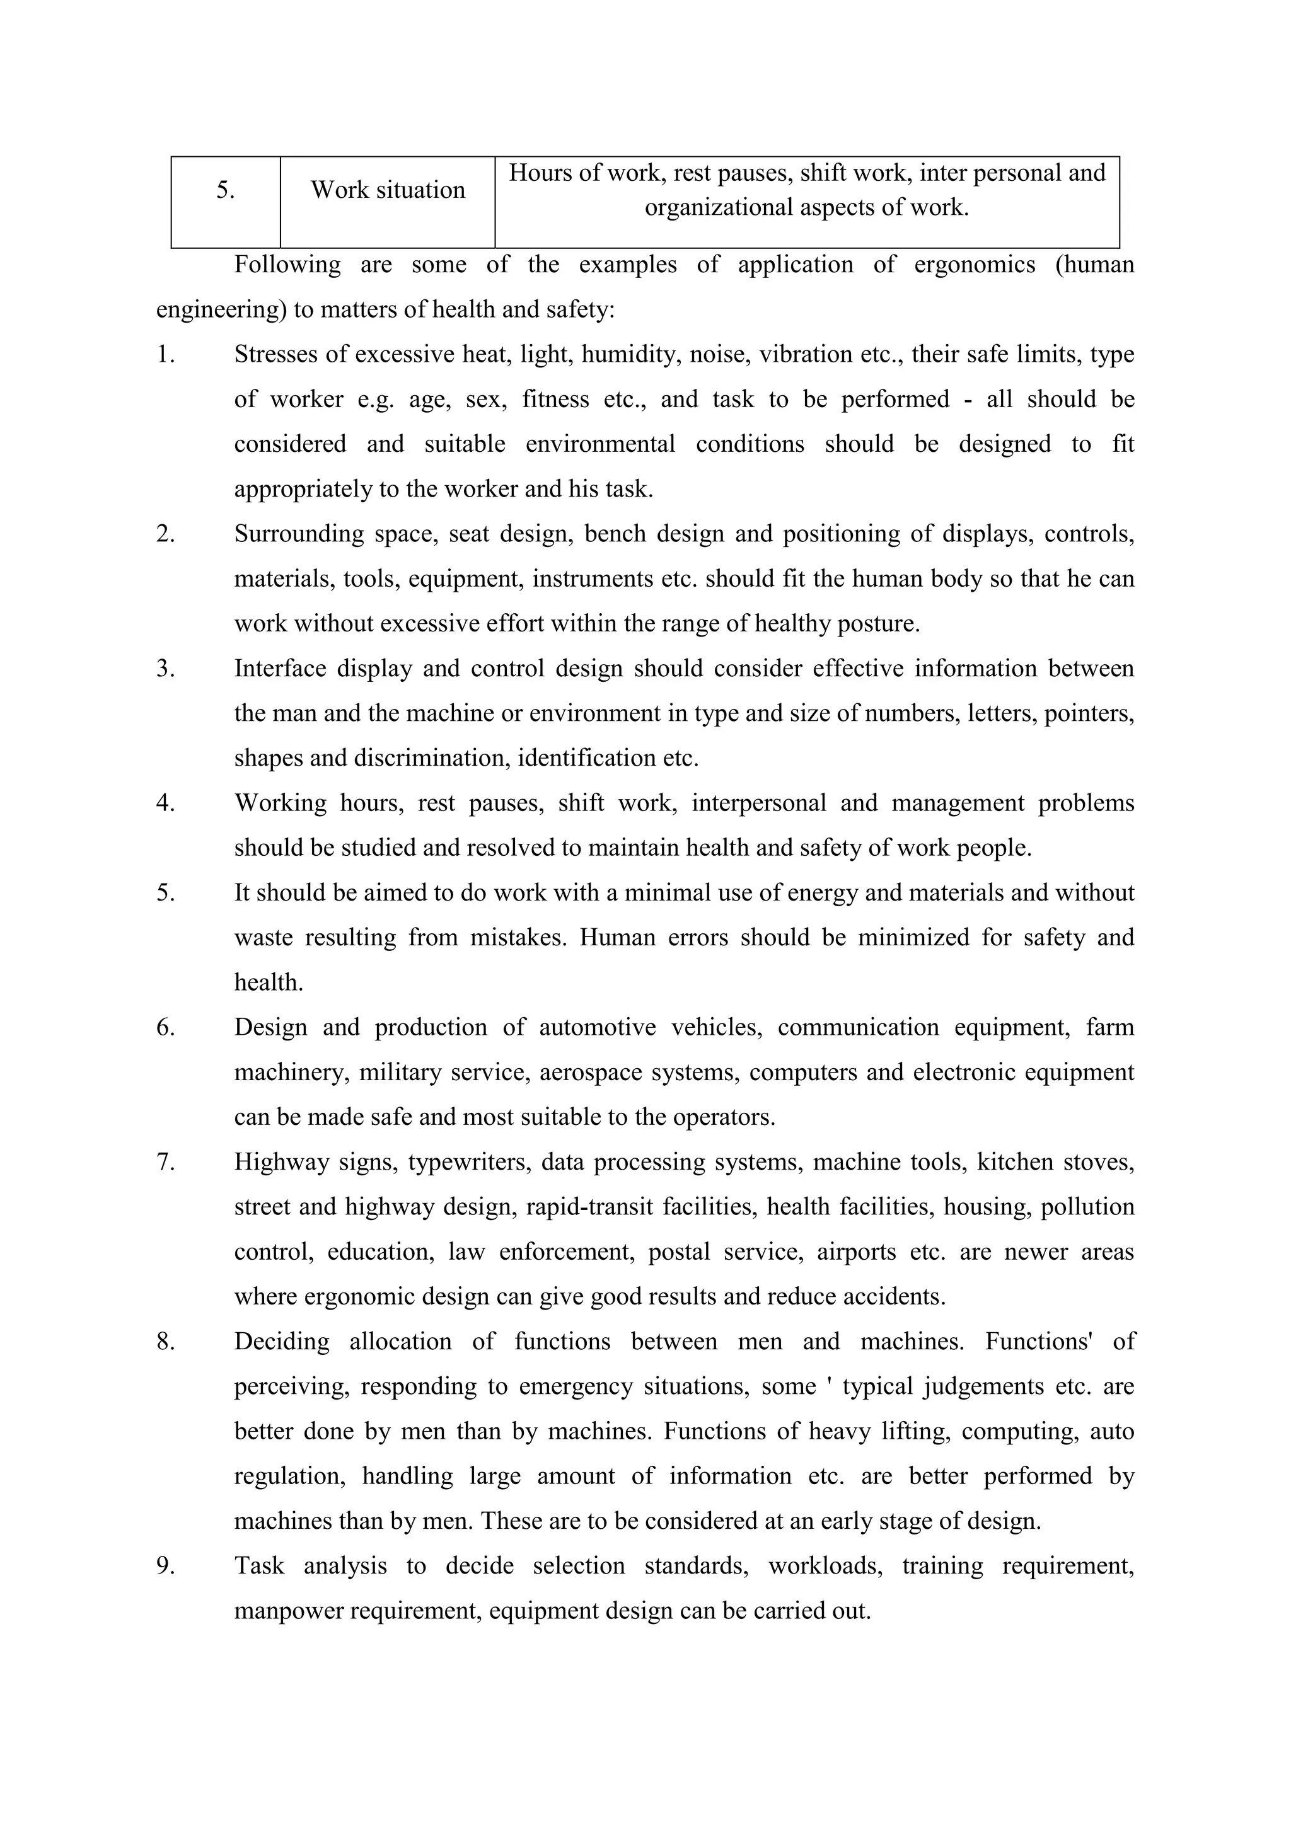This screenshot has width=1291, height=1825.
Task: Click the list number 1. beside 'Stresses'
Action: click(x=165, y=355)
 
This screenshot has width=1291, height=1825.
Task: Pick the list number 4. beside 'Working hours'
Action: click(x=165, y=803)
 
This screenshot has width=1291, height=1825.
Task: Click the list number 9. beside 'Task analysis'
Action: click(x=165, y=1567)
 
